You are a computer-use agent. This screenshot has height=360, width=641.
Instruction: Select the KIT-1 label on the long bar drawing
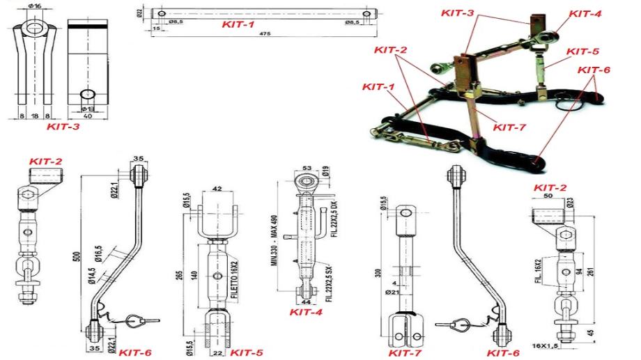(x=238, y=24)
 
